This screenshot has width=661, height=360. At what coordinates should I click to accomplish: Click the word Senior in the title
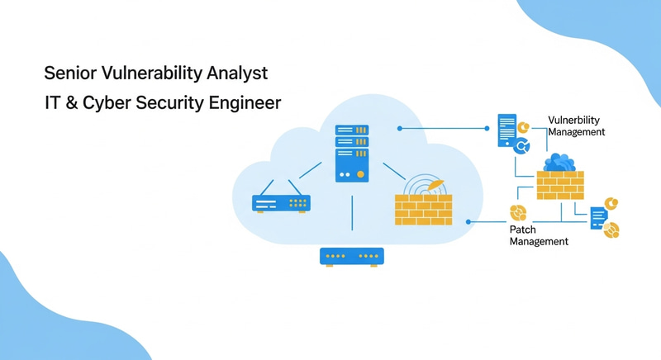coord(70,73)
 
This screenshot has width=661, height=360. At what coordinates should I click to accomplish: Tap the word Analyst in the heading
coord(238,73)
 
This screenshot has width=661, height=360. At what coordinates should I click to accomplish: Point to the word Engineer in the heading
coord(245,104)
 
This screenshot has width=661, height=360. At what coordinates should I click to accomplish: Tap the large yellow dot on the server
coord(360,174)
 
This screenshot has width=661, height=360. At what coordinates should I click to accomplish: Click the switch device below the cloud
coord(352,256)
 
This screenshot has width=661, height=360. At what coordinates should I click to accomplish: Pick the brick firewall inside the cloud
coord(423,208)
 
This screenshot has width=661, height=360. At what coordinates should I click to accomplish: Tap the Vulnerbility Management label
coord(576,126)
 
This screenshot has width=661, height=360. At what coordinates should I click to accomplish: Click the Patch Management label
coord(539,235)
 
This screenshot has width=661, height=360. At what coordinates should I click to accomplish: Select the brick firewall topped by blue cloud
coord(559,183)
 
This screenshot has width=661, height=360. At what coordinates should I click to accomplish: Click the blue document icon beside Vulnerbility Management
coord(506,130)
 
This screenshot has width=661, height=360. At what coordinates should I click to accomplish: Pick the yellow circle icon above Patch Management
coord(519,213)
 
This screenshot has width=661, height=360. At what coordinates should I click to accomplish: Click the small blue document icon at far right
coord(597,219)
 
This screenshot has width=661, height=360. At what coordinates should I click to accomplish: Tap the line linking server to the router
coord(311,170)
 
